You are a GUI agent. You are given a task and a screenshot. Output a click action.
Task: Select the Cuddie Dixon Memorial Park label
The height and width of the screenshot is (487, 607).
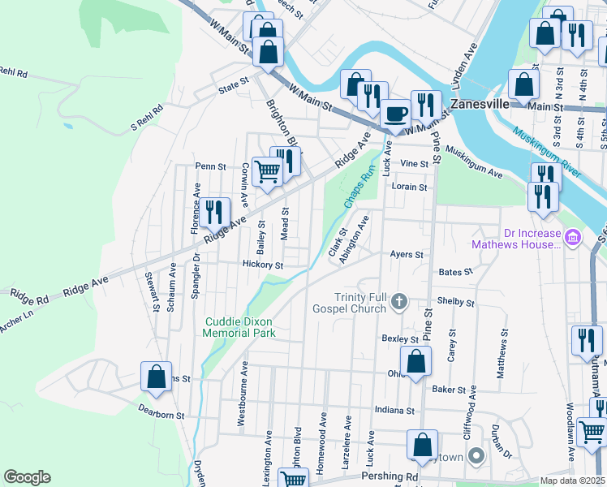(x=239, y=327)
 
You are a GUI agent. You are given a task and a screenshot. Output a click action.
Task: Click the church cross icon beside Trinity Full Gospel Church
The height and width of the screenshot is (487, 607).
(x=398, y=302)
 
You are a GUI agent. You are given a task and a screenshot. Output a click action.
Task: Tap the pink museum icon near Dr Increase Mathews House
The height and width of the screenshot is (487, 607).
(x=573, y=238)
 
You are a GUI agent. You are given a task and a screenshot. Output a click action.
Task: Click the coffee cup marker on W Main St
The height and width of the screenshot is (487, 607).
(x=395, y=114)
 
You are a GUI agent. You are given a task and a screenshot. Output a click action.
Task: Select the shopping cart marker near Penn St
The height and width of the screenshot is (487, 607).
(x=267, y=171)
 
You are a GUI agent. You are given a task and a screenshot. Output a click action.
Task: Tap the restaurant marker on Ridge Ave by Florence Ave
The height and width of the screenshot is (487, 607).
(x=213, y=213)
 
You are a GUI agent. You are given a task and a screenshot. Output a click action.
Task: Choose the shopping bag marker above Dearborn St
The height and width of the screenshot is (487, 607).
(x=157, y=376)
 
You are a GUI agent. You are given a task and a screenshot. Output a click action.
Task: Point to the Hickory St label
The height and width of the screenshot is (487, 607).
(x=262, y=265)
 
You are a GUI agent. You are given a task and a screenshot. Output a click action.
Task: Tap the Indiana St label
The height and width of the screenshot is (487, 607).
(x=394, y=411)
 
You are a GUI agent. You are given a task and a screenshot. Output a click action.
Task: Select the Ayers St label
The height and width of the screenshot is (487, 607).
(x=407, y=254)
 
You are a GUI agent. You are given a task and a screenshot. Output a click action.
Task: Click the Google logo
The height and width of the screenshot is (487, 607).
(x=28, y=477)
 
